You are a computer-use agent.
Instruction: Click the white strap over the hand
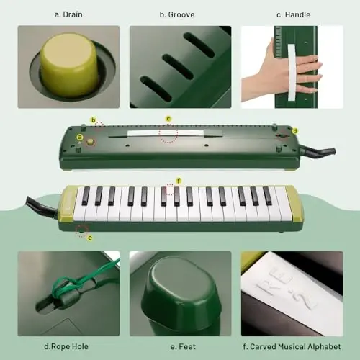pos(292,68)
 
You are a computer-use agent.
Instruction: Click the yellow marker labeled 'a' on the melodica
pos(80,136)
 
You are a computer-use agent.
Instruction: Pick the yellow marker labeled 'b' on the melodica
pos(93,120)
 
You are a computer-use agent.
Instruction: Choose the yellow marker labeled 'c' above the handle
pos(168,119)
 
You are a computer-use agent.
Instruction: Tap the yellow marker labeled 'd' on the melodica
pos(294,130)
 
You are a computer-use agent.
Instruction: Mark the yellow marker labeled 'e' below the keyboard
pos(89,238)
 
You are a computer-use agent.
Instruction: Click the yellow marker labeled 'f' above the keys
pos(178,180)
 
